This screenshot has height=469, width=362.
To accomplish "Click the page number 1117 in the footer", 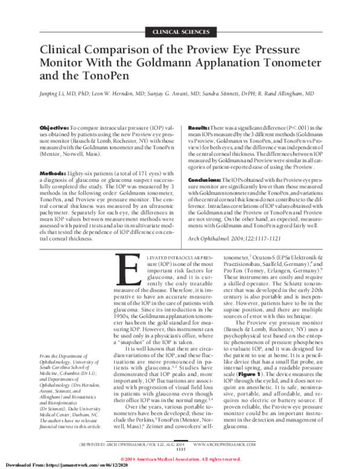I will click(x=180, y=449).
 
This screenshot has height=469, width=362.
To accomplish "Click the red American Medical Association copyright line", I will click(x=180, y=458).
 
